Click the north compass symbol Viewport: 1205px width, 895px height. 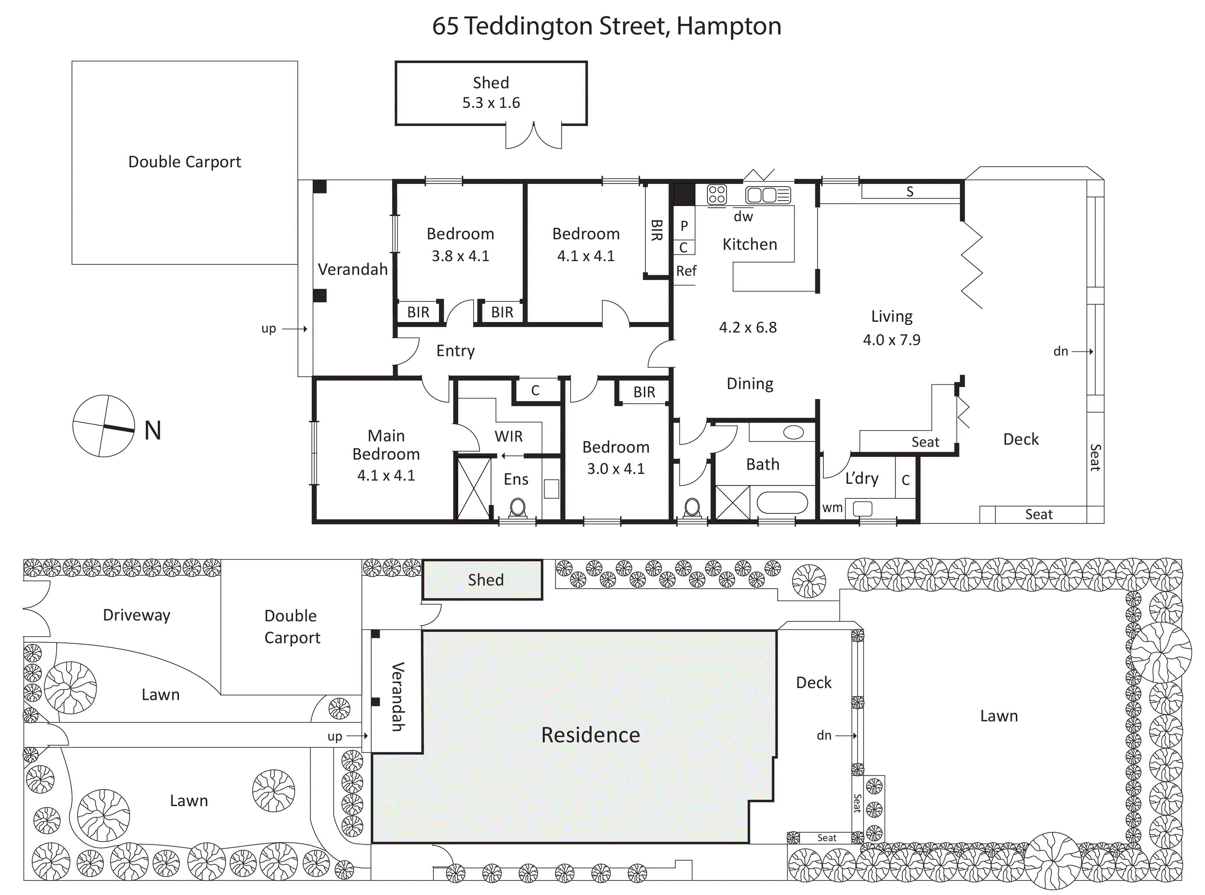(103, 426)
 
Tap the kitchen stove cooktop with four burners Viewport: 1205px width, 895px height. (717, 194)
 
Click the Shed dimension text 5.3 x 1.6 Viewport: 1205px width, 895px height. (491, 103)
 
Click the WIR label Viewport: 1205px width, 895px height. (508, 436)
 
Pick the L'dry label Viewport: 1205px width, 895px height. (862, 478)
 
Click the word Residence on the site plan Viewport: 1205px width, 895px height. (591, 735)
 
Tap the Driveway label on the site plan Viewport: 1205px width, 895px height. (136, 616)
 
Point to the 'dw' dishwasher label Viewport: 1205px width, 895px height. (743, 217)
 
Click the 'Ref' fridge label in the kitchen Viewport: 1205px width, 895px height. (686, 271)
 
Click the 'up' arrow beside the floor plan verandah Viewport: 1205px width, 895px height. (295, 329)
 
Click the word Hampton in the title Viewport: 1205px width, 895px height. (729, 26)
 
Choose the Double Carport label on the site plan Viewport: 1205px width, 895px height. (292, 627)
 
